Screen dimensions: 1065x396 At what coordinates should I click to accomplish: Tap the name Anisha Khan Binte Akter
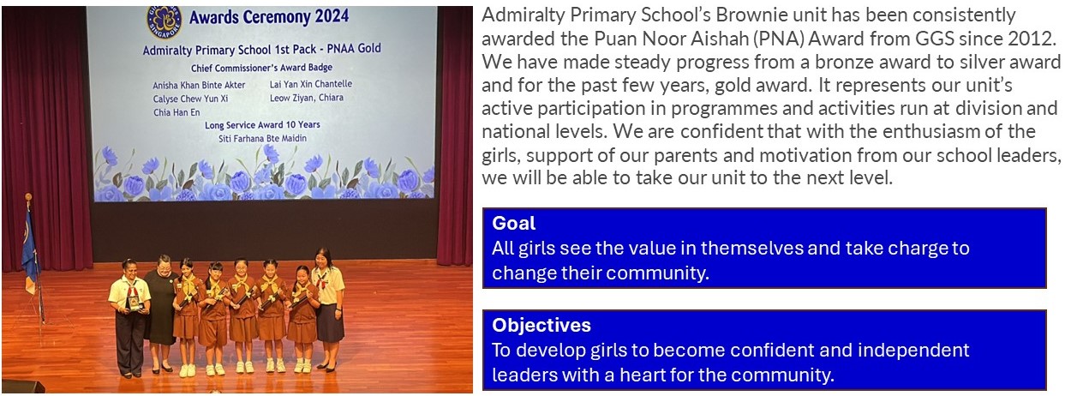pos(199,86)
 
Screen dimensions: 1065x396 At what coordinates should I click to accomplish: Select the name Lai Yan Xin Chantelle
pos(311,84)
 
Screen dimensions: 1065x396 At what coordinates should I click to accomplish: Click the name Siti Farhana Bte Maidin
pos(262,139)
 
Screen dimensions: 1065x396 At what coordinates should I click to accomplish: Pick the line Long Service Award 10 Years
pos(262,125)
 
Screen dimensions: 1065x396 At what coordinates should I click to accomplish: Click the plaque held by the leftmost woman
pos(136,303)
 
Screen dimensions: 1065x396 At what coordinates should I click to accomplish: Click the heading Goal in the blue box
pos(513,224)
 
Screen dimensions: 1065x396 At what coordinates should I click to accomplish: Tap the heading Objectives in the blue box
pos(541,325)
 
